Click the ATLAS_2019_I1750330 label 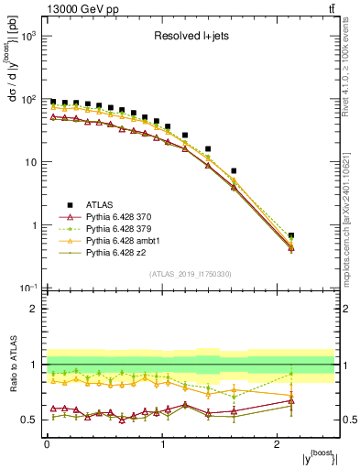tap(191, 274)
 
